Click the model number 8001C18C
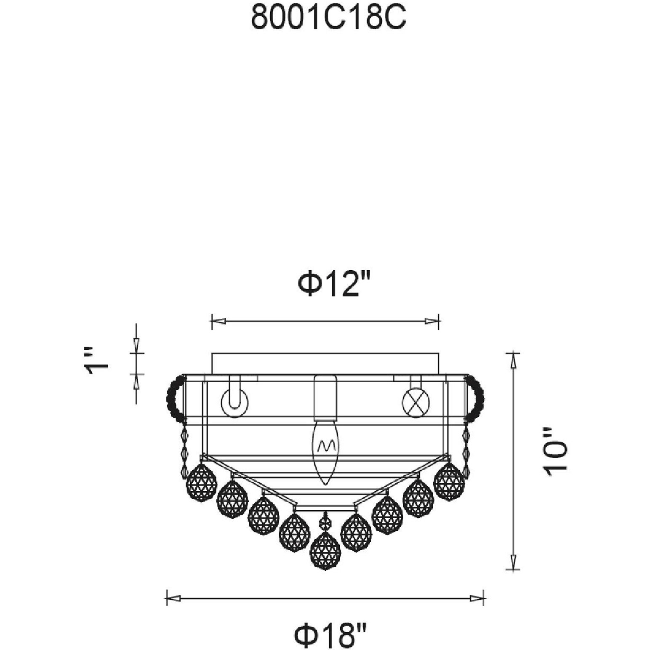[328, 18]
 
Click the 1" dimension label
[96, 361]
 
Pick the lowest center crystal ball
[325, 550]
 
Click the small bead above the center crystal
[325, 523]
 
